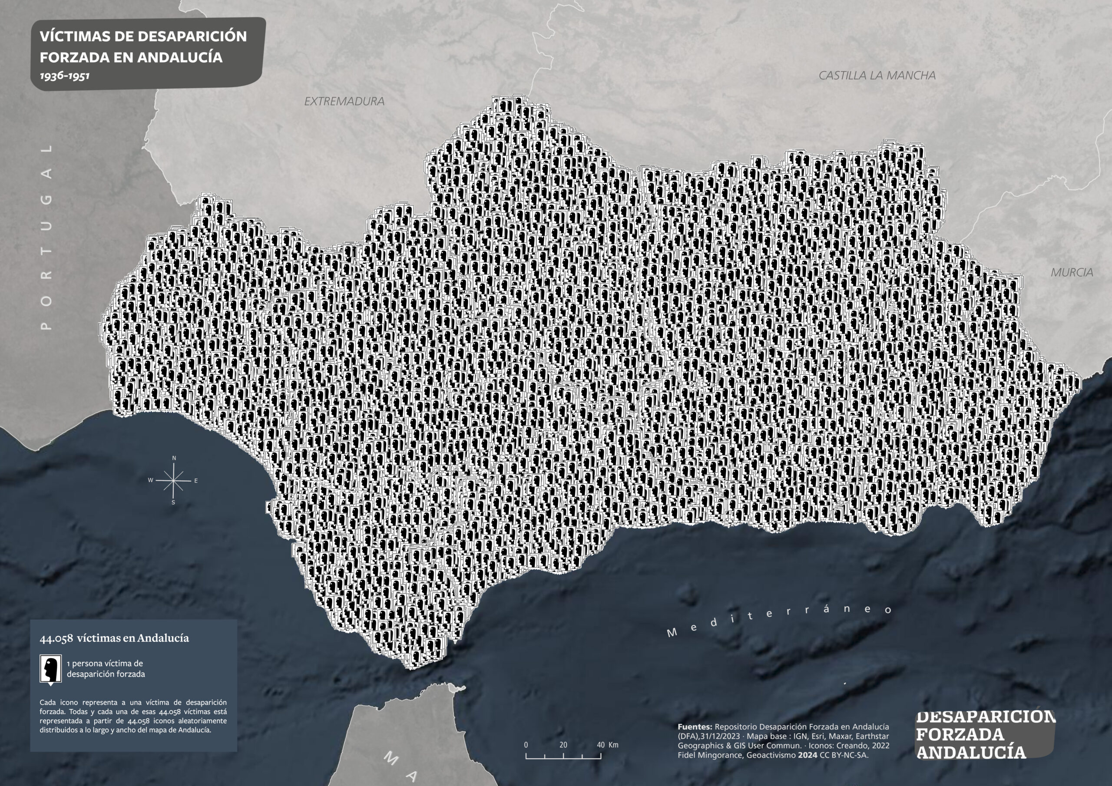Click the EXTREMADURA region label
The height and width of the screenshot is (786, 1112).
point(344,101)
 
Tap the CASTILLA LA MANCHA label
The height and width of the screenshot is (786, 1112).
point(877,76)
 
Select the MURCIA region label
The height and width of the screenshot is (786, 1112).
point(1071,273)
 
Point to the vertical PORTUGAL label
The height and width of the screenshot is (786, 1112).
point(46,237)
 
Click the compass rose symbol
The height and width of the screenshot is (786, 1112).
point(173,480)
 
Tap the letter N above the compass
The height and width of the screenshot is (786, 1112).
point(174,458)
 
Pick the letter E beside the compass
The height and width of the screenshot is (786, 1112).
point(195,481)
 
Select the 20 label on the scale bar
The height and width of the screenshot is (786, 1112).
point(563,745)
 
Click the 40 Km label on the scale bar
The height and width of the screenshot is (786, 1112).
point(607,745)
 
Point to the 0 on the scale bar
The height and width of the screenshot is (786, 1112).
point(526,745)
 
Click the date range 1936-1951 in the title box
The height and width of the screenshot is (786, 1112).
point(64,76)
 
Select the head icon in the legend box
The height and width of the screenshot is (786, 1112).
point(50,669)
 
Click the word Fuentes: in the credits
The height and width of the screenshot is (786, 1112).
point(695,727)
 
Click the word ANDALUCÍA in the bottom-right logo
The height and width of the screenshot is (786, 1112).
point(971,752)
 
